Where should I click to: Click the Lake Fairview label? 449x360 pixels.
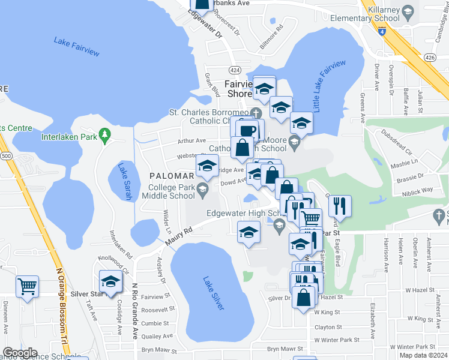[76, 47]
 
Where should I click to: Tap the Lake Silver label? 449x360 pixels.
[214, 293]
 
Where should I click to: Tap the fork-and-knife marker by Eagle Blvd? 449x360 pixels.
[340, 205]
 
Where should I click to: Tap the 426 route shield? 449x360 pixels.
[430, 58]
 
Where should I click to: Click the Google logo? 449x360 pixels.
[20, 353]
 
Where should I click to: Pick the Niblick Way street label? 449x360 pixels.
[419, 190]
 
